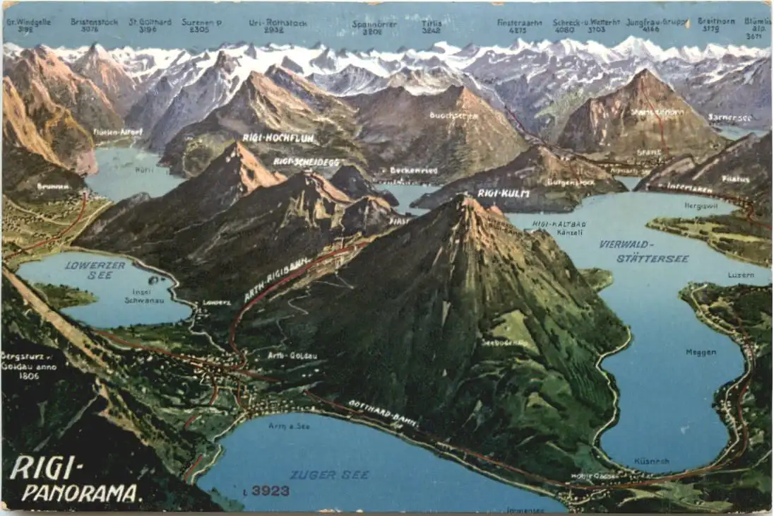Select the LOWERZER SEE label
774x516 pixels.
pos(95,270)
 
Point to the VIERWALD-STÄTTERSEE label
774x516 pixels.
pos(643,251)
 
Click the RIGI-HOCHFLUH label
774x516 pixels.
pos(288,138)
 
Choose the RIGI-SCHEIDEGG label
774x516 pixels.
pos(306,162)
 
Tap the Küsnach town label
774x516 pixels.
pos(650,461)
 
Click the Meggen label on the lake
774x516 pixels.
pos(701,352)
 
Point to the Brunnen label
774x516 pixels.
pos(53,187)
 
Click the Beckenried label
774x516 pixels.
pos(413,170)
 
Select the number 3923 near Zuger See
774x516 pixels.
pos(270,491)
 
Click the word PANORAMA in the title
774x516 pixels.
pos(81,493)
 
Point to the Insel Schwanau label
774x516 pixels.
pos(144,295)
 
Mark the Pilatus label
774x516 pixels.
pos(736,179)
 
